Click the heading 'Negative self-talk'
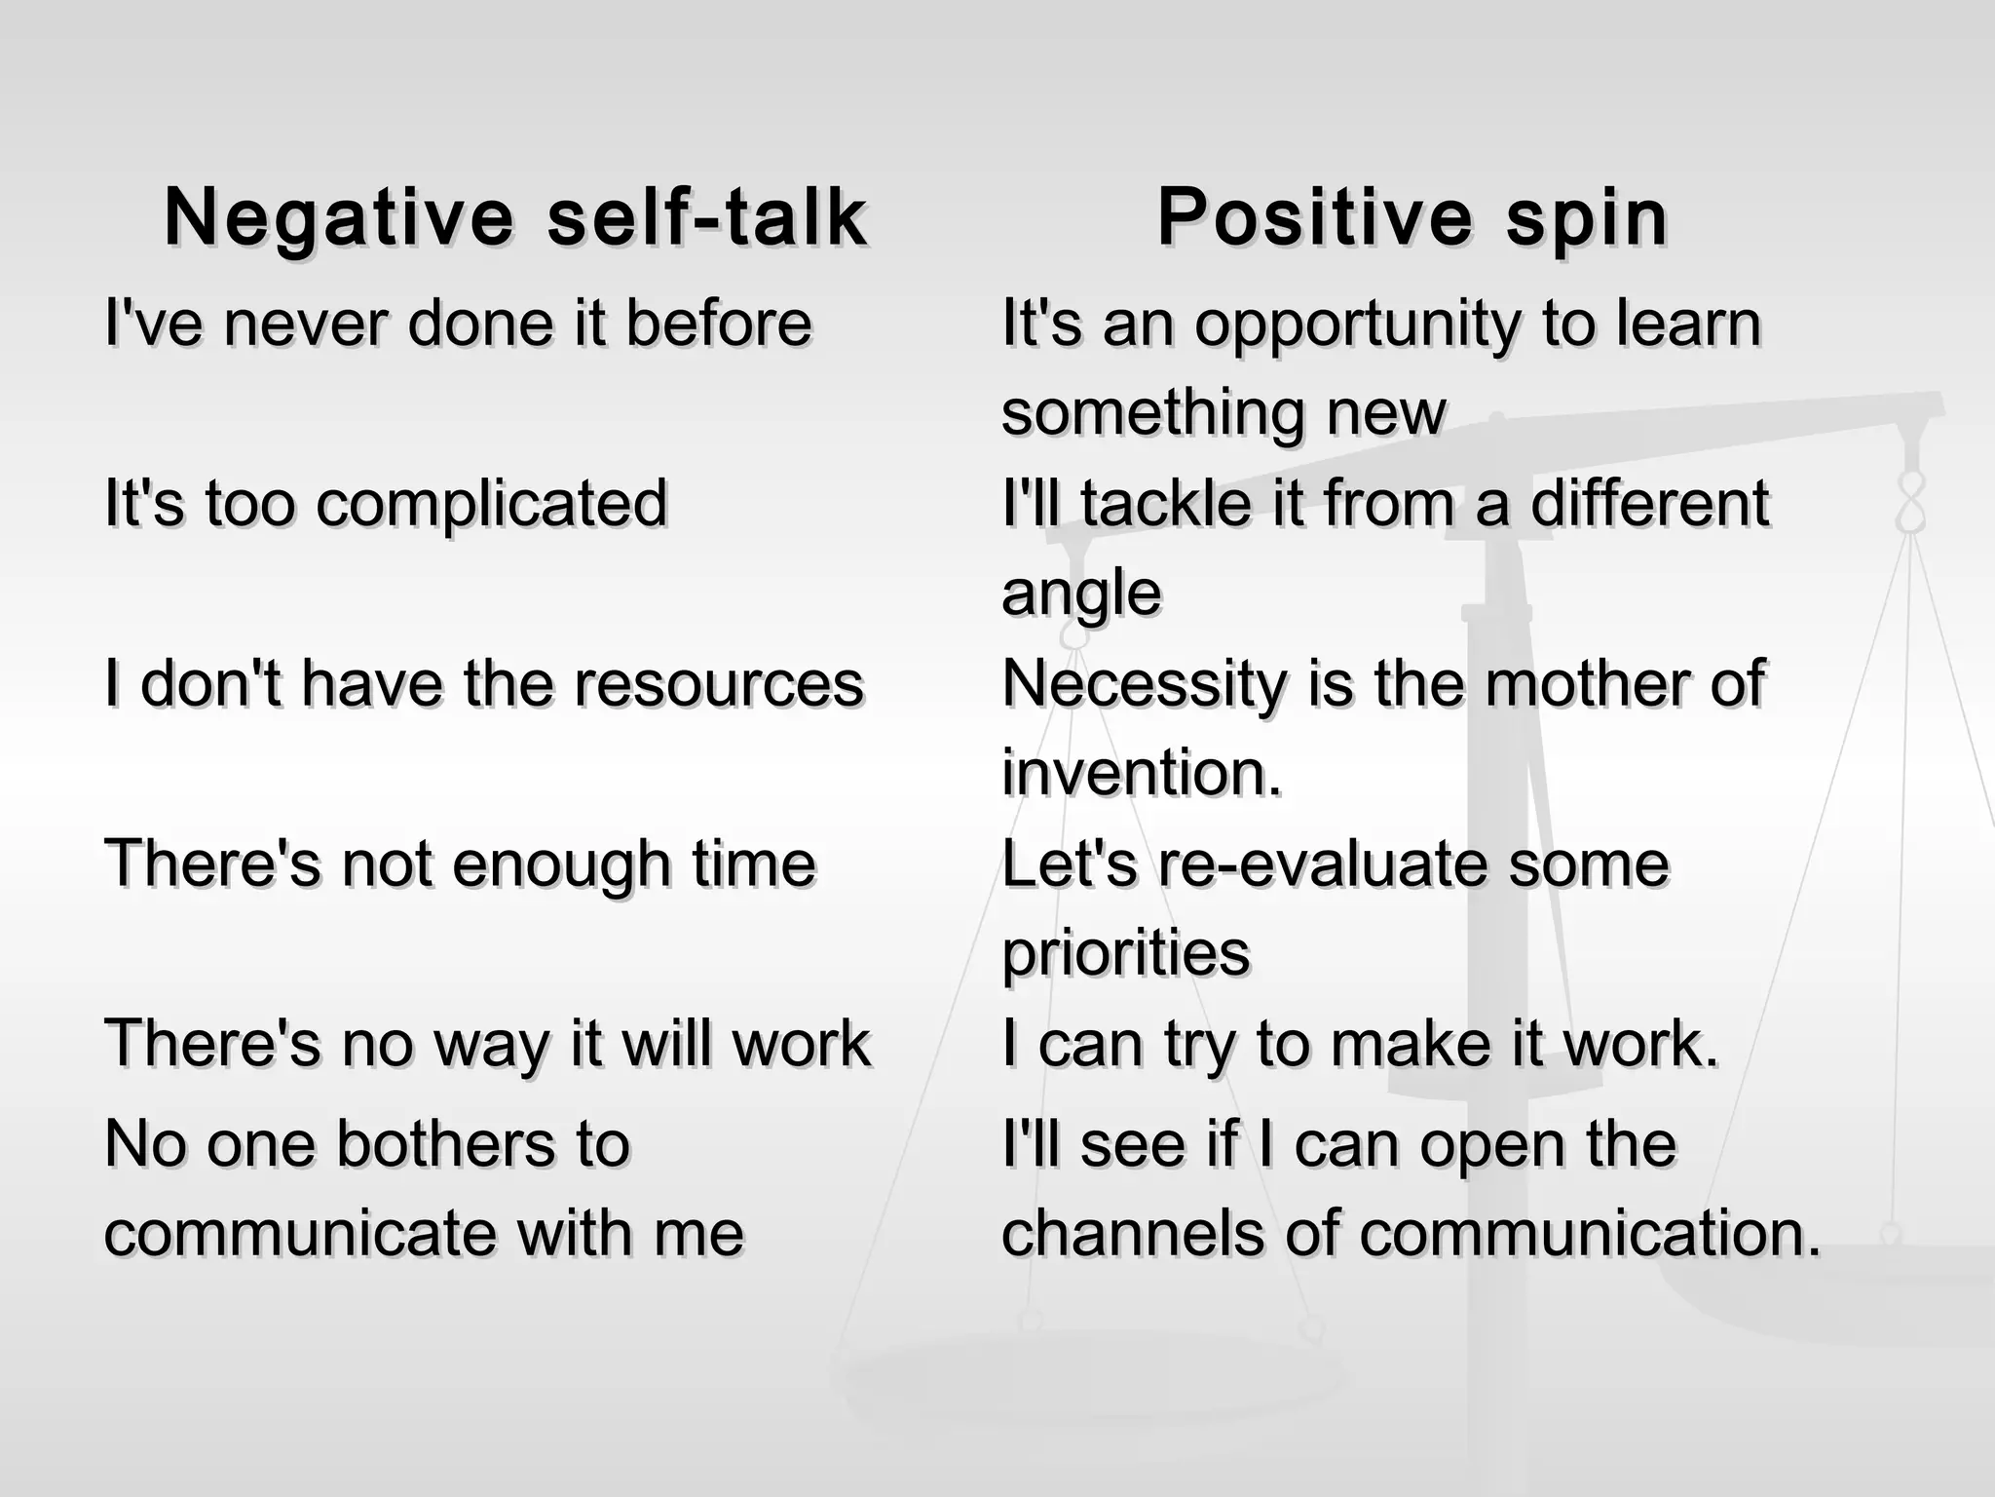tap(515, 217)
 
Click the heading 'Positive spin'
tap(1412, 217)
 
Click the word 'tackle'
tap(1165, 504)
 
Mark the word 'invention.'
tap(1142, 773)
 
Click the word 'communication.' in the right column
tap(1590, 1233)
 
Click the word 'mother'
tap(1588, 684)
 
